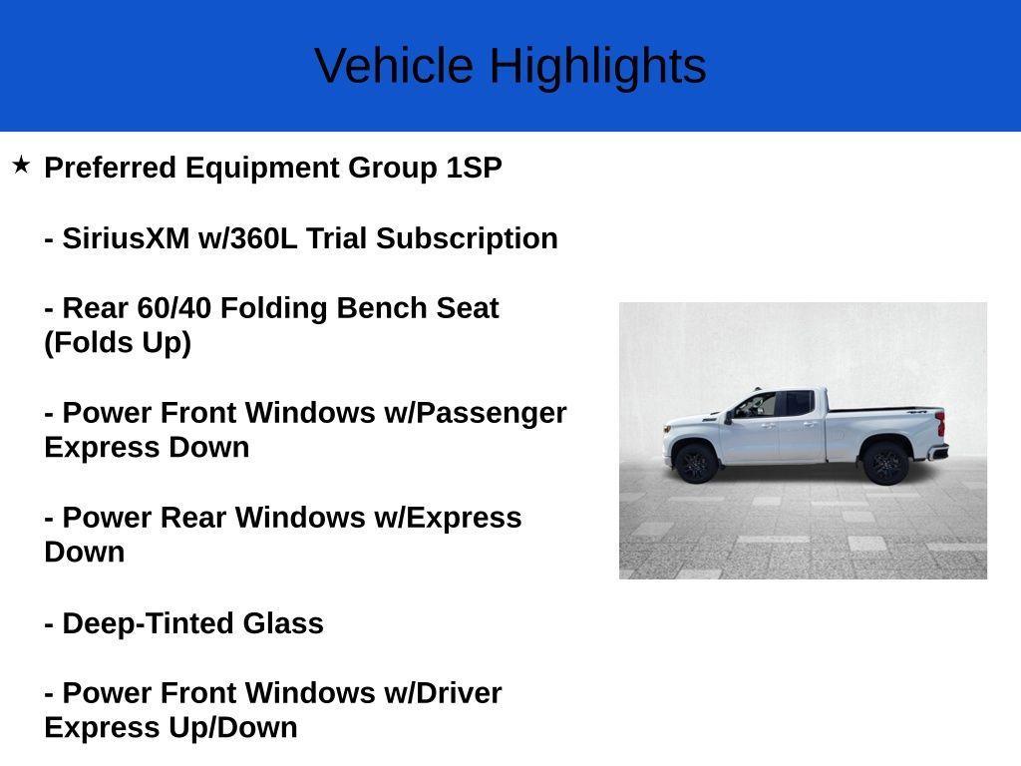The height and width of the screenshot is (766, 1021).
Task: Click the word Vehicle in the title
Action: pos(394,67)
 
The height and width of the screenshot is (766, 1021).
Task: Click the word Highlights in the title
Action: pos(597,67)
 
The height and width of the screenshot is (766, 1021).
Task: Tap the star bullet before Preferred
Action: pos(21,165)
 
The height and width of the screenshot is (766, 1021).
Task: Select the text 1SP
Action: pos(474,168)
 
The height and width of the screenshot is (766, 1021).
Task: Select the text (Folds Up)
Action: pos(118,343)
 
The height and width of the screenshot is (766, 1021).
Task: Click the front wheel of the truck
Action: pos(695,464)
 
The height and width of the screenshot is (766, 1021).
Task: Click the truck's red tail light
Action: pos(940,422)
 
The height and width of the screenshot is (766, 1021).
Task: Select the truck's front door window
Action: pos(757,405)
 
